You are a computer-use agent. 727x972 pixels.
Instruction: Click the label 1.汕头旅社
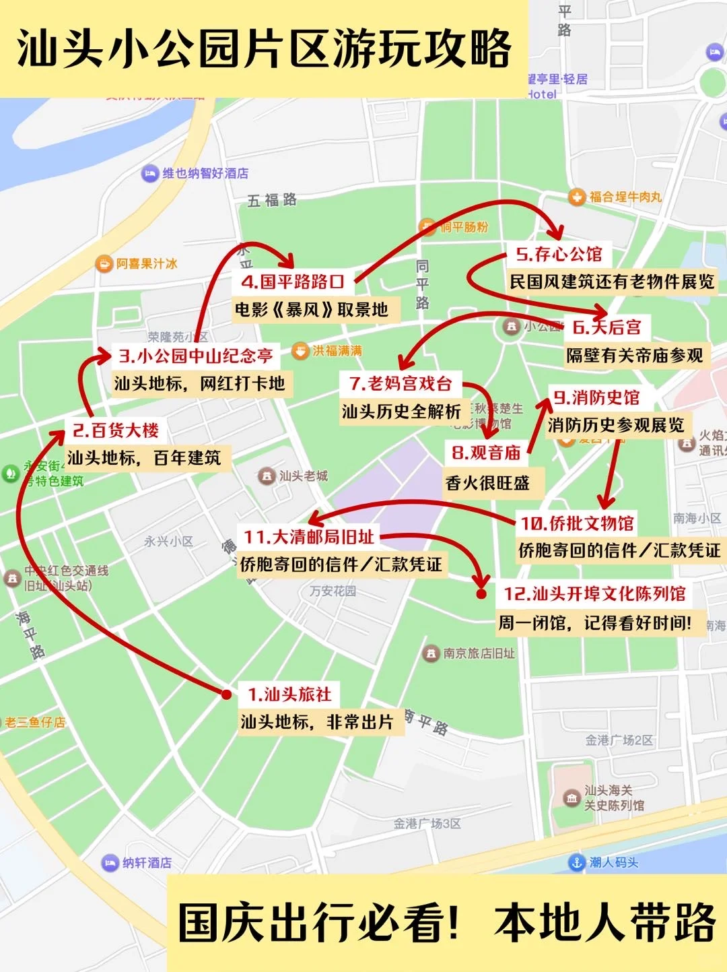(x=289, y=694)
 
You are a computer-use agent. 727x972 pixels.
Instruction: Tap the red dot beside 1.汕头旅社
(x=227, y=694)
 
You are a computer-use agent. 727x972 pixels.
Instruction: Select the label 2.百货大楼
(x=115, y=430)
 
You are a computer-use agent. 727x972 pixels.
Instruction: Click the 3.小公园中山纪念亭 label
(x=196, y=356)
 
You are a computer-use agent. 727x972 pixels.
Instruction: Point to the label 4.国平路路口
(x=293, y=282)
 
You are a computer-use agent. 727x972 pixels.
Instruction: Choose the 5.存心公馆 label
(x=559, y=254)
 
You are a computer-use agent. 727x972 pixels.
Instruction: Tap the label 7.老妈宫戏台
(x=401, y=384)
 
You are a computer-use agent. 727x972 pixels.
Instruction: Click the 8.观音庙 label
(x=486, y=453)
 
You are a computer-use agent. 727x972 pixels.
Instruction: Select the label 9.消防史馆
(x=596, y=397)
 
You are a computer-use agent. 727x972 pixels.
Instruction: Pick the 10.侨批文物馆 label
(x=578, y=523)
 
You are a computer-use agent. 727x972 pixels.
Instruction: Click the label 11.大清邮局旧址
(x=309, y=537)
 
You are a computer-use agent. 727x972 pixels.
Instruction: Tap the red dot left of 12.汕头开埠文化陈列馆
(x=481, y=593)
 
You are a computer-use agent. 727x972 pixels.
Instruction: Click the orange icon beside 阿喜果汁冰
(x=104, y=264)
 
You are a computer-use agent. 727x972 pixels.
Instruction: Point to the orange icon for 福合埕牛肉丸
(x=577, y=197)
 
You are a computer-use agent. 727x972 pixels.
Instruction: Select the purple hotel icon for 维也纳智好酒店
(x=149, y=174)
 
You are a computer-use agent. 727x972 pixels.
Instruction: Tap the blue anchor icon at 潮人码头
(x=576, y=862)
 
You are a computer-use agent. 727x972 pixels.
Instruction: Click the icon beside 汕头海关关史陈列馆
(x=572, y=798)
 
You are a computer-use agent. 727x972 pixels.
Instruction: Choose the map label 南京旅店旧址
(x=479, y=653)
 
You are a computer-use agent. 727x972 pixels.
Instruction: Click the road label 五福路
(x=272, y=200)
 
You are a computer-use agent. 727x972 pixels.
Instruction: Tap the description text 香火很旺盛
(x=487, y=483)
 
